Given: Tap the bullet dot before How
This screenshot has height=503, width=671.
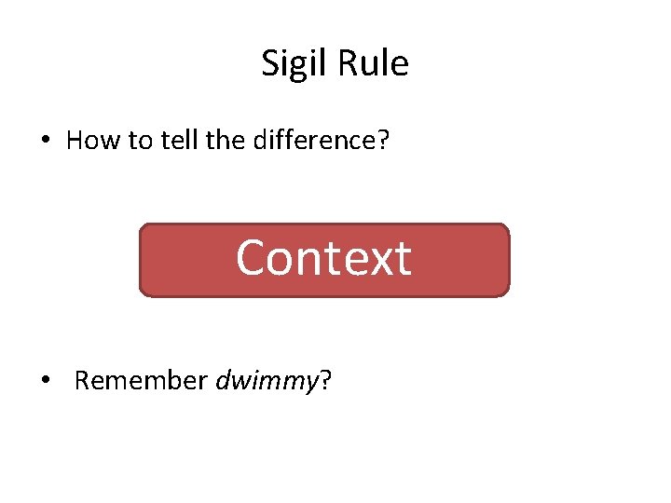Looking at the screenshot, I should point(46,142).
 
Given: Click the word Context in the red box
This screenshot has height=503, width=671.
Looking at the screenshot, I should point(323,258).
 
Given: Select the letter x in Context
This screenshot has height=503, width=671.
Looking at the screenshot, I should point(377,261).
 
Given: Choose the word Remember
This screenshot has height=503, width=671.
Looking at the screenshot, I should point(141,381).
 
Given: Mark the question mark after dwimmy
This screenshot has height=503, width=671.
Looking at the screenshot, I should point(324,381).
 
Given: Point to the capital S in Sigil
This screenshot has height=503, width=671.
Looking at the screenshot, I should point(270,63).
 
